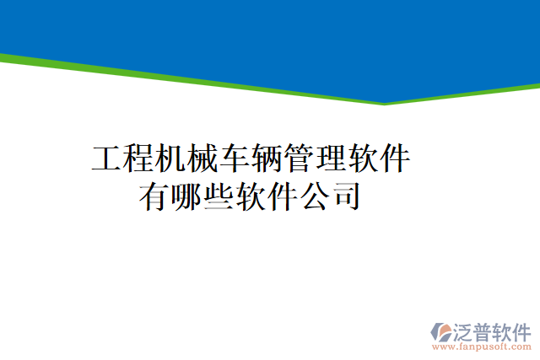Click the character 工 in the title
tap(107, 159)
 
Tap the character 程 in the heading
tap(139, 159)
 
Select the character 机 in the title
tap(171, 159)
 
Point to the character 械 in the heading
tap(203, 159)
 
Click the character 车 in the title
tap(235, 159)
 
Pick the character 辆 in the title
tap(267, 159)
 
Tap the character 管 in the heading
tap(300, 159)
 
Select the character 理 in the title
tap(332, 159)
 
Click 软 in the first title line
tap(364, 159)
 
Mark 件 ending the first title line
tap(396, 159)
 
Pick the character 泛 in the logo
tap(465, 330)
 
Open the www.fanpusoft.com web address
tap(482, 347)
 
